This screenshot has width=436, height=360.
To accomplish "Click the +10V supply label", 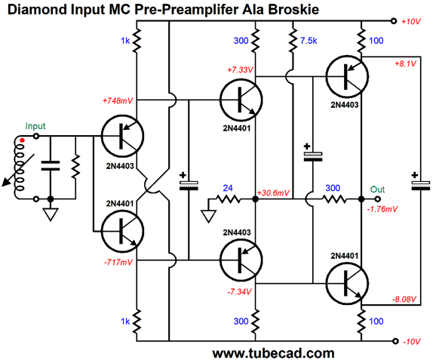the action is click(x=411, y=21).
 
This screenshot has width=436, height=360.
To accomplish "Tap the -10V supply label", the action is click(x=412, y=341).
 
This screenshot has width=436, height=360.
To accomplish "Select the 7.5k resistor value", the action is click(x=309, y=41).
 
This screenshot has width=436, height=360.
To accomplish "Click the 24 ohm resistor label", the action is click(x=228, y=188).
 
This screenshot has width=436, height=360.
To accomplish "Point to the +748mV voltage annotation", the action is click(x=118, y=100).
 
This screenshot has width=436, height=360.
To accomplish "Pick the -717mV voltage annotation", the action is click(x=118, y=262).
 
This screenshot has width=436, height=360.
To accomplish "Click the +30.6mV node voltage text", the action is click(x=273, y=192).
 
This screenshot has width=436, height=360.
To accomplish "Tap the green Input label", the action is click(x=35, y=126).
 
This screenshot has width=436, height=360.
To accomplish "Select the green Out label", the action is click(x=377, y=189).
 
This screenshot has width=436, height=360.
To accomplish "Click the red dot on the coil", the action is click(x=22, y=140).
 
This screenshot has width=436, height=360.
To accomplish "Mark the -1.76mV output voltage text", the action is click(x=382, y=209).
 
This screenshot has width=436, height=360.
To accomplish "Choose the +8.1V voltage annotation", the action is click(x=405, y=63).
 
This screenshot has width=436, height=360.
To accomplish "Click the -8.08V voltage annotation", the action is click(x=404, y=300).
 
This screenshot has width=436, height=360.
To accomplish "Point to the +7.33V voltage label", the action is click(x=240, y=69).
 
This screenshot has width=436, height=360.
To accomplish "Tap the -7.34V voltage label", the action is click(x=239, y=291).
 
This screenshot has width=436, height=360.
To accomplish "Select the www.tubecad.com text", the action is click(x=273, y=353).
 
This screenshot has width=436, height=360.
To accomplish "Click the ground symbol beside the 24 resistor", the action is click(x=208, y=216).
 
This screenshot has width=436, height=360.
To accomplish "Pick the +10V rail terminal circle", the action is click(x=394, y=21).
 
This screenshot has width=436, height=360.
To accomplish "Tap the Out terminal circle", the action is click(x=377, y=199).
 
